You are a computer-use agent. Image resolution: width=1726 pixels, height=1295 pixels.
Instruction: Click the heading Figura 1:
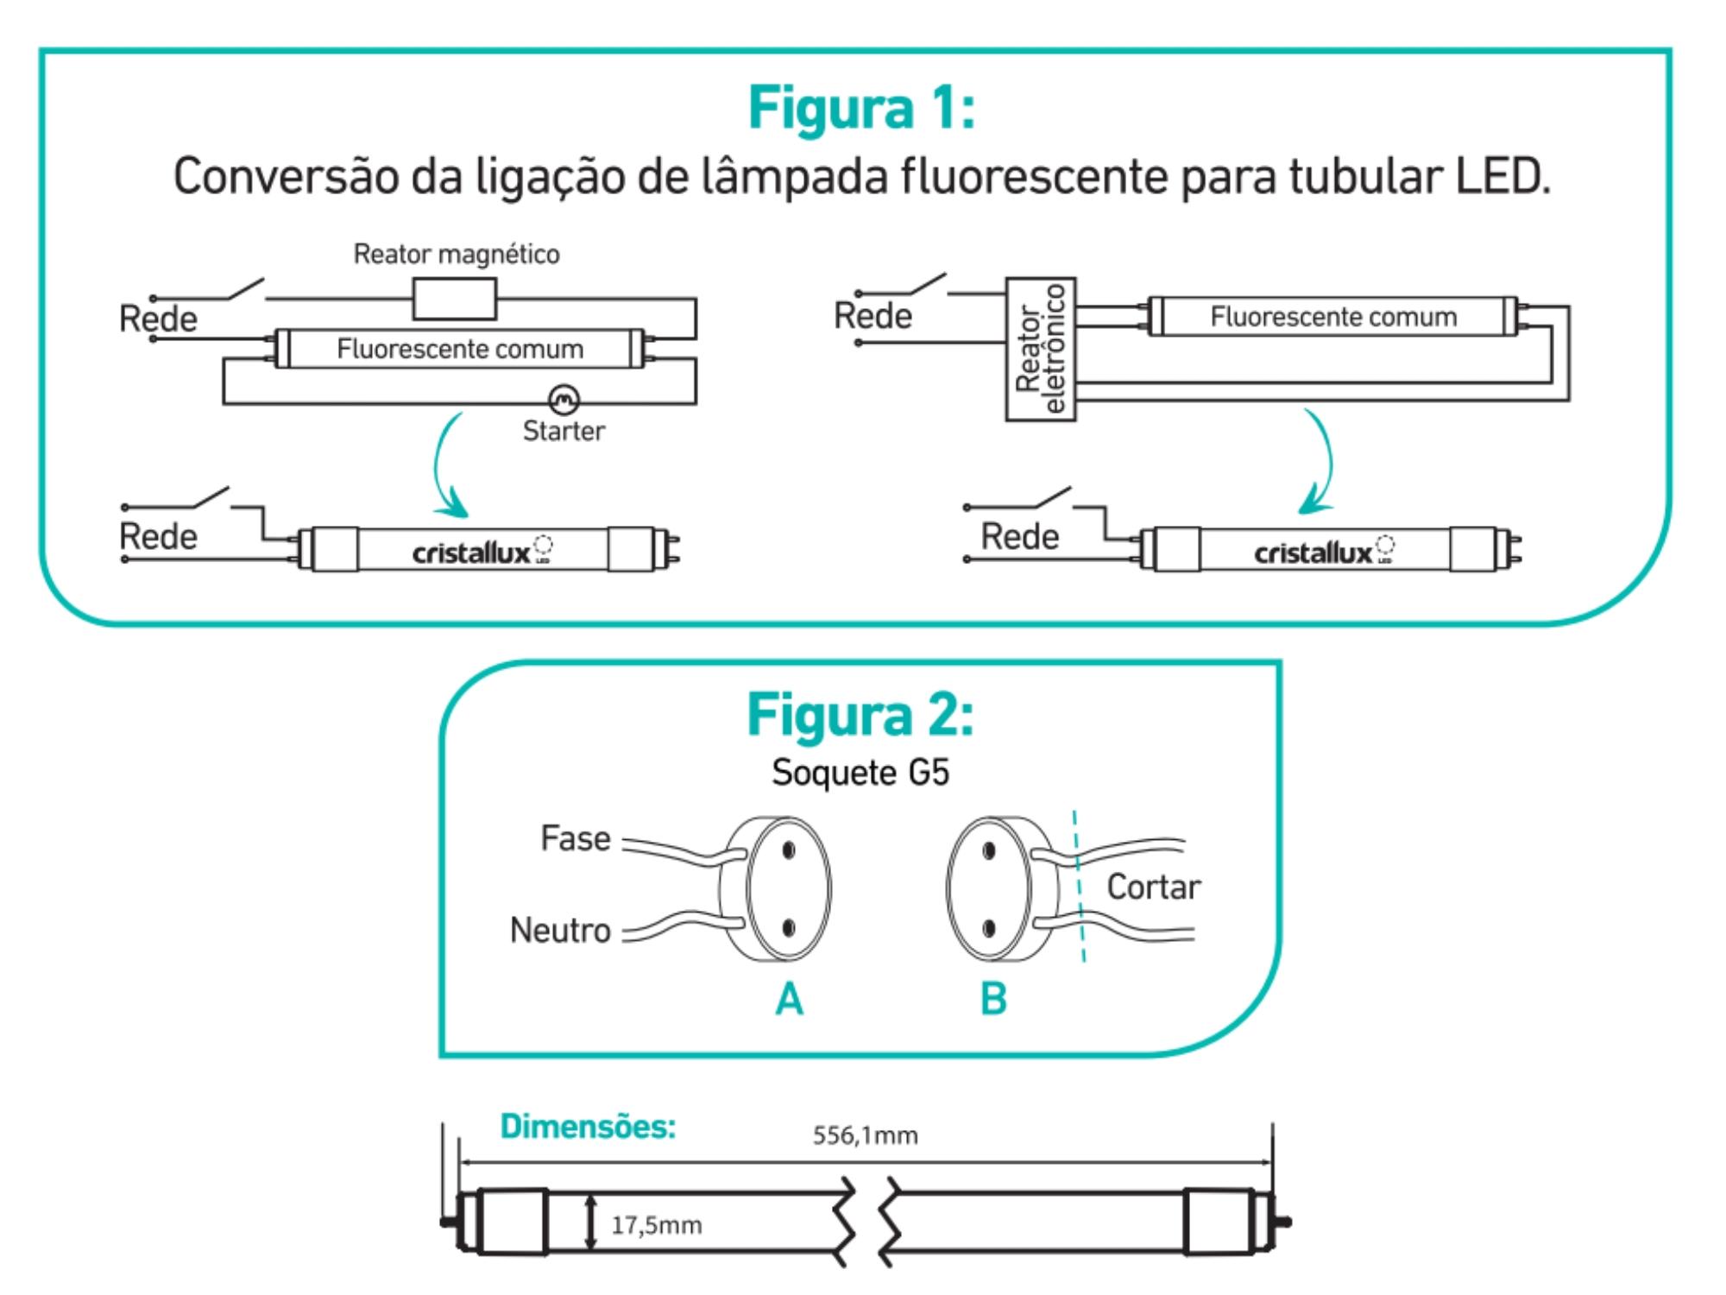click(x=861, y=109)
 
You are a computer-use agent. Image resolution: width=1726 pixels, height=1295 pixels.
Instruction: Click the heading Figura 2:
click(x=860, y=716)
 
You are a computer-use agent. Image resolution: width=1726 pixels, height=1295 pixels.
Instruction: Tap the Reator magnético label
click(x=457, y=254)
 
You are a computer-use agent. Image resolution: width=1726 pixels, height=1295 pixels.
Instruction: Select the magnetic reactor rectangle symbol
click(x=455, y=299)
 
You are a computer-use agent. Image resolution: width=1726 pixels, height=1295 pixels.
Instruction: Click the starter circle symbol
click(x=564, y=400)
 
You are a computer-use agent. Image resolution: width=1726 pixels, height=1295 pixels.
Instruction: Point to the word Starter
click(x=564, y=431)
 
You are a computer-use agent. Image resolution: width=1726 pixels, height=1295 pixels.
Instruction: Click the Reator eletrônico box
click(x=1041, y=349)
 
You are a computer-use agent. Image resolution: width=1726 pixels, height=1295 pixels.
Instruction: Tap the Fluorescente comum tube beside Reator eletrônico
click(x=1332, y=317)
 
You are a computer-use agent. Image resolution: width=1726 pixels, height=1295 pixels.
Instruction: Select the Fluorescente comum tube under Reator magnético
click(x=460, y=349)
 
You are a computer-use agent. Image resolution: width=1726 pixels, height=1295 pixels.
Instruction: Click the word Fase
click(x=575, y=838)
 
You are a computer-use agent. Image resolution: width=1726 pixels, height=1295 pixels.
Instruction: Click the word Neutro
click(x=560, y=930)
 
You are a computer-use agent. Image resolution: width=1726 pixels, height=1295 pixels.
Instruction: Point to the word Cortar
click(x=1153, y=887)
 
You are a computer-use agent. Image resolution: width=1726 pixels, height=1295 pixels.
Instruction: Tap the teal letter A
click(x=789, y=1000)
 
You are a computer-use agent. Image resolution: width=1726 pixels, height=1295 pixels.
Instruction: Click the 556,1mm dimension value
click(x=865, y=1135)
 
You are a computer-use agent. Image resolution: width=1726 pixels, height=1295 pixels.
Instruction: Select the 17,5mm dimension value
click(x=656, y=1225)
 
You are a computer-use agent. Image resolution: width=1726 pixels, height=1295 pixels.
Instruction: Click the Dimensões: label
click(x=588, y=1127)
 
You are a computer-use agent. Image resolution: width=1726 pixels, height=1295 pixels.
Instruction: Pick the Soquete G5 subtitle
click(x=860, y=772)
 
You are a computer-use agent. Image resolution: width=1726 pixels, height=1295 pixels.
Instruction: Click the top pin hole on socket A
click(x=789, y=851)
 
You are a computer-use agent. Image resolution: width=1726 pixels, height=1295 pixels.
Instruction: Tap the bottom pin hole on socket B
click(x=989, y=929)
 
